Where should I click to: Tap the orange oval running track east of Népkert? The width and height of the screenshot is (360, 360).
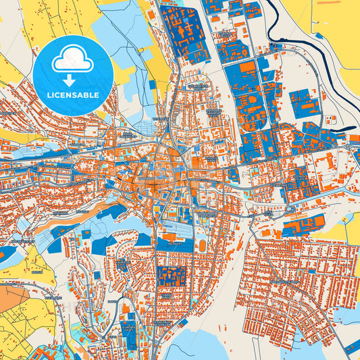(201, 243)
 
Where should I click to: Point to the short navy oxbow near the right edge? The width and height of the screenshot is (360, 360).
(344, 128)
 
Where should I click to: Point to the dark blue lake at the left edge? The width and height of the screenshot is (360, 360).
(7, 254)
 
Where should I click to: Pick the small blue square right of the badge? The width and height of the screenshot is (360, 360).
(152, 85)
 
